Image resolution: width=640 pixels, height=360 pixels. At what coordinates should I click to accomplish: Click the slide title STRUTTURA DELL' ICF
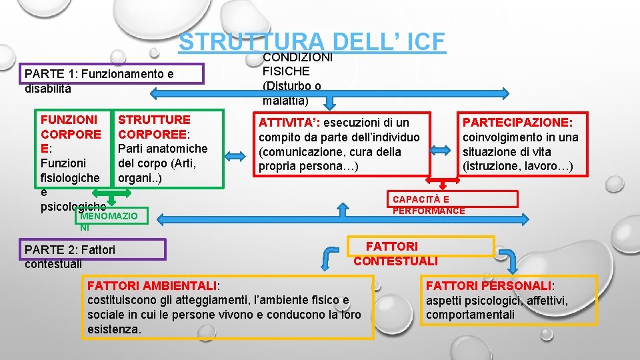coord(311,41)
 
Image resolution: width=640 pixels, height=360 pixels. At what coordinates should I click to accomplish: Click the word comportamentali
coord(470,315)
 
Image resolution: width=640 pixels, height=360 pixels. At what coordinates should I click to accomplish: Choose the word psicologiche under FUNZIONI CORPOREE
coord(73,206)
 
